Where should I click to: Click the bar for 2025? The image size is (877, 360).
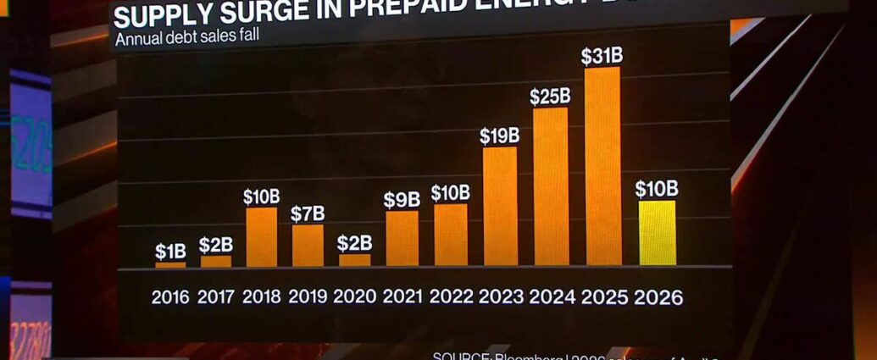pos(602,166)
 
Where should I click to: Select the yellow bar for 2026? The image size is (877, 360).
pos(657,233)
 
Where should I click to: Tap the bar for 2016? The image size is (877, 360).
pos(170,265)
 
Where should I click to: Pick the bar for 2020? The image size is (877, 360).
pos(355,260)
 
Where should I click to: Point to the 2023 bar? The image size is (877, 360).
pos(500,207)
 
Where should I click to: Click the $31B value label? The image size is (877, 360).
pos(602,57)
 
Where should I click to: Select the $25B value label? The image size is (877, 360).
pos(550,97)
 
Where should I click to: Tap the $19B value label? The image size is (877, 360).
pos(499,136)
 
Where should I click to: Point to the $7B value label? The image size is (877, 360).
pos(308,214)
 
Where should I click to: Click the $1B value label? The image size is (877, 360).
pos(171,252)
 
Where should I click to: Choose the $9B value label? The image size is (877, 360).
pos(402,200)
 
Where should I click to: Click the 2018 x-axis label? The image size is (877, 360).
pos(262,297)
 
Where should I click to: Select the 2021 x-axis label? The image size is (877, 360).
pos(402,297)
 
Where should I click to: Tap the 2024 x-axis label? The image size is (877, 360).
pos(552,297)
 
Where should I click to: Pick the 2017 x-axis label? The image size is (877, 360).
pos(216,297)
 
